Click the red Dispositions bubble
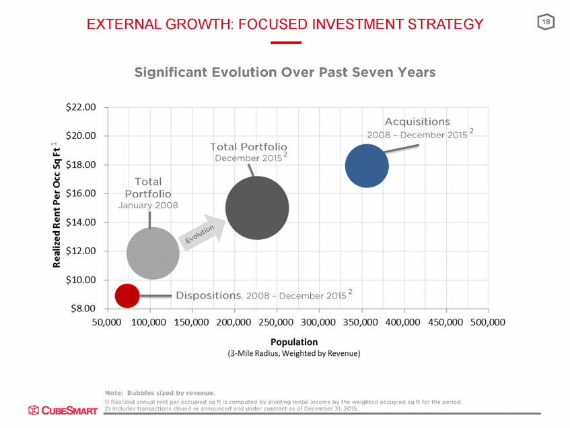(x=127, y=295)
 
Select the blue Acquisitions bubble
(x=367, y=165)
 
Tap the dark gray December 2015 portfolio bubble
(x=257, y=208)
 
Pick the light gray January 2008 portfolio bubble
(x=153, y=253)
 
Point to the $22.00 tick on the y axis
(x=81, y=107)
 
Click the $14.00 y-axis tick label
(x=81, y=222)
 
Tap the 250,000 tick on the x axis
(x=277, y=323)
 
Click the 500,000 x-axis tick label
(x=488, y=323)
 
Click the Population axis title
(x=295, y=342)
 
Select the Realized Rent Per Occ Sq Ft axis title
(x=57, y=206)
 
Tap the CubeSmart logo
(x=63, y=410)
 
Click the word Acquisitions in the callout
(x=417, y=122)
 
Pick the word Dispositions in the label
(x=208, y=295)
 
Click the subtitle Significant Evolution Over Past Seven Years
(x=285, y=72)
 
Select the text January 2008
(x=148, y=205)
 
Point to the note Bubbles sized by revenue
(x=159, y=392)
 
